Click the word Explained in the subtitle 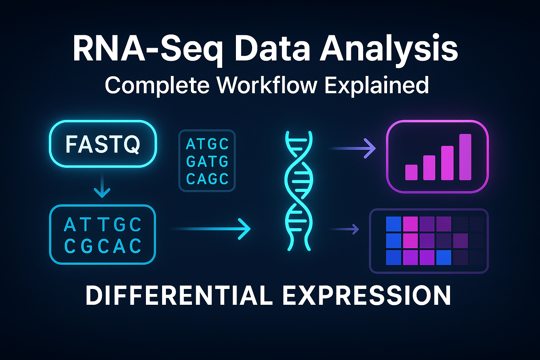pos(376,85)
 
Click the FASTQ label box pos(103,144)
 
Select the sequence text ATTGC pos(103,225)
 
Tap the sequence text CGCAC pos(103,246)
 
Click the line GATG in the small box pos(207,162)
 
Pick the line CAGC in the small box pos(207,179)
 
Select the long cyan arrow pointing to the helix pos(211,229)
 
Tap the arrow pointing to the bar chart pos(353,148)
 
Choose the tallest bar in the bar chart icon pos(465,157)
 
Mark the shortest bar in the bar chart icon pos(411,172)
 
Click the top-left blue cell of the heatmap pos(393,224)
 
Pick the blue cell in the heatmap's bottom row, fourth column pos(444,257)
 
